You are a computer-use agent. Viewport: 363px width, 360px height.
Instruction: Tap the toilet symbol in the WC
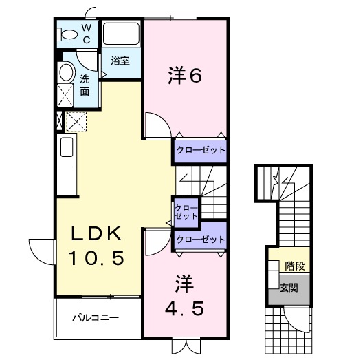click(69, 34)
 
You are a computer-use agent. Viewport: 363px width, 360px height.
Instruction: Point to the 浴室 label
click(120, 61)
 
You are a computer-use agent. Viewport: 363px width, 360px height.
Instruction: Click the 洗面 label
click(85, 84)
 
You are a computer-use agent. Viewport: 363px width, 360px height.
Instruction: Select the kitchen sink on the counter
click(67, 149)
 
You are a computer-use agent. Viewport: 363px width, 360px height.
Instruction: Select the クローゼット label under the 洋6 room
click(199, 150)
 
